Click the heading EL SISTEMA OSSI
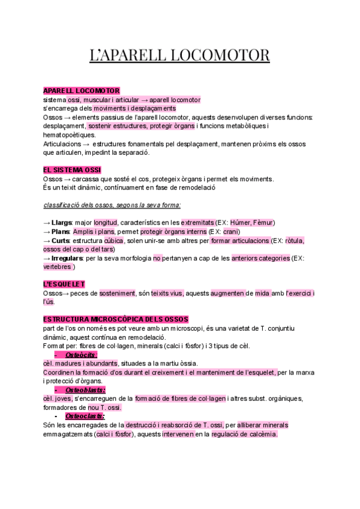tap(72, 170)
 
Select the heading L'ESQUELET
tap(64, 283)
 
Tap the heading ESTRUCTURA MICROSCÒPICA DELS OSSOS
tap(116, 319)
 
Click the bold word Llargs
tap(62, 223)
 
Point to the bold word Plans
tap(61, 232)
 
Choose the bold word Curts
tap(61, 241)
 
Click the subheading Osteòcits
tap(81, 355)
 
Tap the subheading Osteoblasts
tap(85, 390)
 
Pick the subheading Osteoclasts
tap(84, 416)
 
